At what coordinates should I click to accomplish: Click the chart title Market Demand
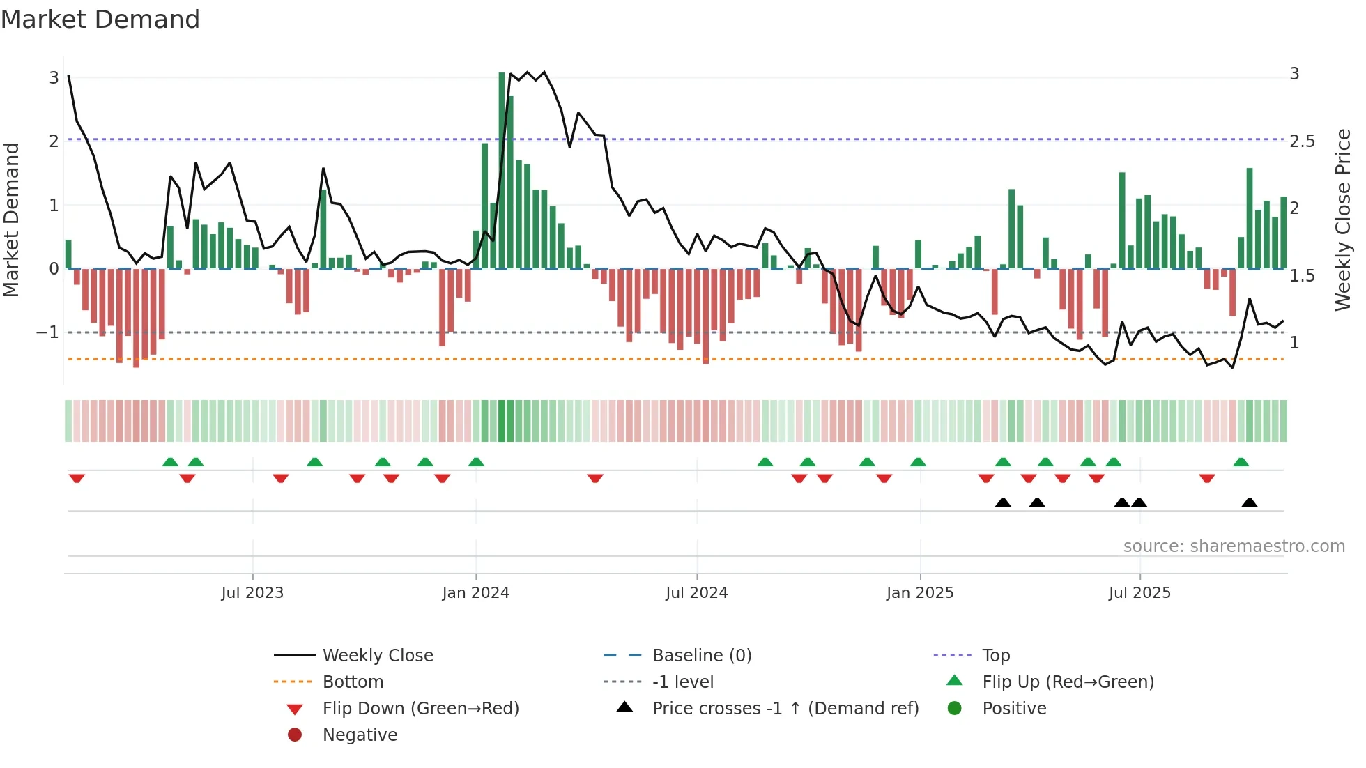coord(100,20)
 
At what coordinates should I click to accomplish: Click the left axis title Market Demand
coord(12,220)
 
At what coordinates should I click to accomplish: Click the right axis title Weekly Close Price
coord(1342,220)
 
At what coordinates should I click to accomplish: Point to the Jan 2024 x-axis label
coord(475,593)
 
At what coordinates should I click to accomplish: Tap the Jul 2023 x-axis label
coord(252,593)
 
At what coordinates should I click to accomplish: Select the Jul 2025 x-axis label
coord(1139,593)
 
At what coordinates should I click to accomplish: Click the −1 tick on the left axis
coord(47,332)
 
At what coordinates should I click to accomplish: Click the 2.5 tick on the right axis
coord(1302,141)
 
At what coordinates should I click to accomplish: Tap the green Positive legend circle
coord(955,708)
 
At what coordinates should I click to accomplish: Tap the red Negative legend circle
coord(295,735)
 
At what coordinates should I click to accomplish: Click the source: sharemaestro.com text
coord(1234,546)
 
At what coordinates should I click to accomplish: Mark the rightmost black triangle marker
coord(1250,502)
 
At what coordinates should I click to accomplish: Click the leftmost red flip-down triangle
coord(77,478)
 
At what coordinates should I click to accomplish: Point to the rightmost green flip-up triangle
coord(1241,462)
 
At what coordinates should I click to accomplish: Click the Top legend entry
coord(995,655)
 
